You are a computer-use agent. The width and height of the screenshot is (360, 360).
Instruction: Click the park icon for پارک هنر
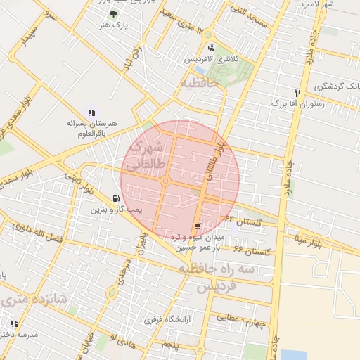[x=114, y=13]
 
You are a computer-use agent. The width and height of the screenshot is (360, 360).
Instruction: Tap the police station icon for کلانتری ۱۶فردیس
[x=212, y=48]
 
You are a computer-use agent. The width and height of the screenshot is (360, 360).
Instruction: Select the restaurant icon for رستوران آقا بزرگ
[x=297, y=93]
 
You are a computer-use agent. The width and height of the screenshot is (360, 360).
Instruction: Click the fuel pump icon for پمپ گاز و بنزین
[x=116, y=199]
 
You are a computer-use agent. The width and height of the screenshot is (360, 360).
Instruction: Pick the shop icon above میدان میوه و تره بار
[x=197, y=226]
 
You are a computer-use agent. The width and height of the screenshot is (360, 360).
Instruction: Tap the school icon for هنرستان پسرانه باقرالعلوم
[x=91, y=112]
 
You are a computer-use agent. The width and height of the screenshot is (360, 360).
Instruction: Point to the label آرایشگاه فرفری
[x=172, y=319]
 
